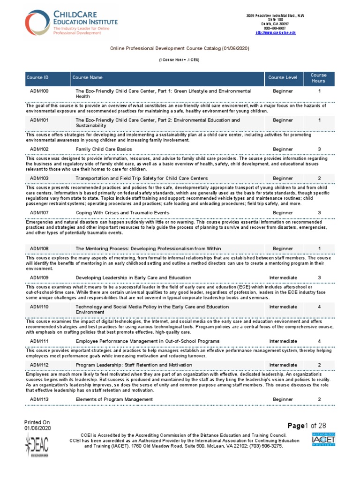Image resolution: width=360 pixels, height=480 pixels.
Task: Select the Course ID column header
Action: [37, 78]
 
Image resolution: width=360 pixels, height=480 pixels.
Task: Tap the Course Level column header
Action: [283, 78]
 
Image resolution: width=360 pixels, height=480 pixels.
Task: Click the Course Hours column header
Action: [319, 78]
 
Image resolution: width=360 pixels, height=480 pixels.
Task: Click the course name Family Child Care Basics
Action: [104, 149]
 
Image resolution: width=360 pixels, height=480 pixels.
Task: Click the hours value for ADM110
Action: [319, 307]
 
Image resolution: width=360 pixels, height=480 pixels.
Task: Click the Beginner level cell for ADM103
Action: [283, 179]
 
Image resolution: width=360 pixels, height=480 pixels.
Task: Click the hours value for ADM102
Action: [319, 149]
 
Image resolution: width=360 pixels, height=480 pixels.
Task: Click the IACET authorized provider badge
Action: [323, 440]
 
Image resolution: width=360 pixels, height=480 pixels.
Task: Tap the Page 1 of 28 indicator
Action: [307, 426]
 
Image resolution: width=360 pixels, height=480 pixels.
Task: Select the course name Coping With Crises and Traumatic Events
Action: [123, 213]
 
